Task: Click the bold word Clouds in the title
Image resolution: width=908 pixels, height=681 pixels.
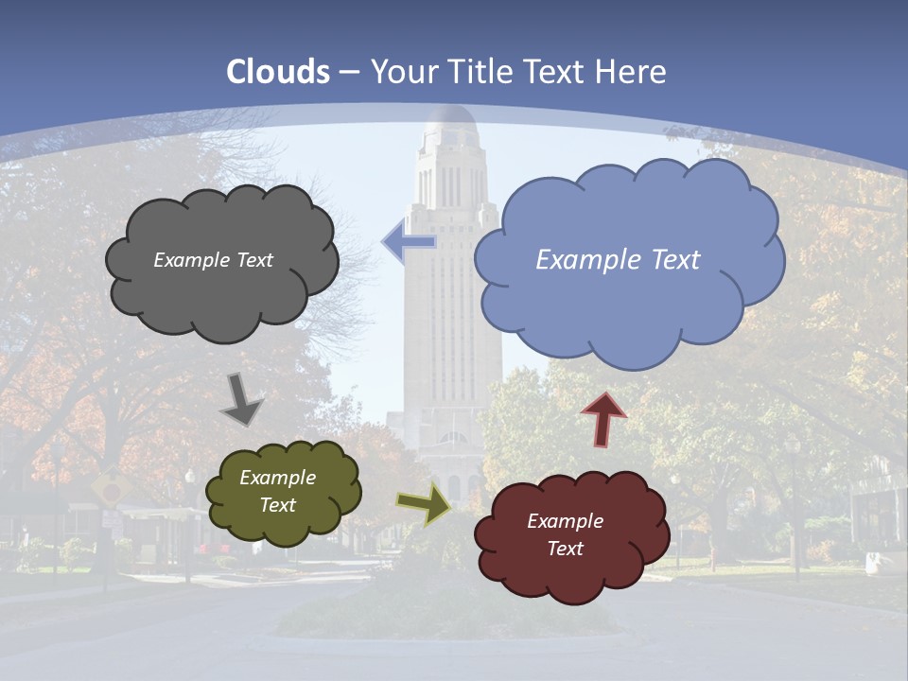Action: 279,72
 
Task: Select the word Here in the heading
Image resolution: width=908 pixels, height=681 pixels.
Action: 632,72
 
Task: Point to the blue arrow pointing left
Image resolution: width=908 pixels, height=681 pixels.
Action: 409,243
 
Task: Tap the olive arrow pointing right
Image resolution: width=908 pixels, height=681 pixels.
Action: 424,504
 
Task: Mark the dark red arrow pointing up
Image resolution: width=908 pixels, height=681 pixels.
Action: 603,419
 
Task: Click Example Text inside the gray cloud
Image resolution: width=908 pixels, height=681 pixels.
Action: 213,260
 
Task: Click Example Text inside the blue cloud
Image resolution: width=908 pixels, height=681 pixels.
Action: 618,260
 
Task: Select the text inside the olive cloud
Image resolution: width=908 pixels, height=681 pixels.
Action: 277,492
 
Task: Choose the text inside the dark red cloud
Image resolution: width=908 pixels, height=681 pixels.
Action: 565,534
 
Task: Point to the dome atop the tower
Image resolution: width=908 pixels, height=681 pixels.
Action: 451,123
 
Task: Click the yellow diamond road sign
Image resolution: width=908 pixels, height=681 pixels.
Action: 112,489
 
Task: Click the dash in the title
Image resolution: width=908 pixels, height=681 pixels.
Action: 348,72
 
